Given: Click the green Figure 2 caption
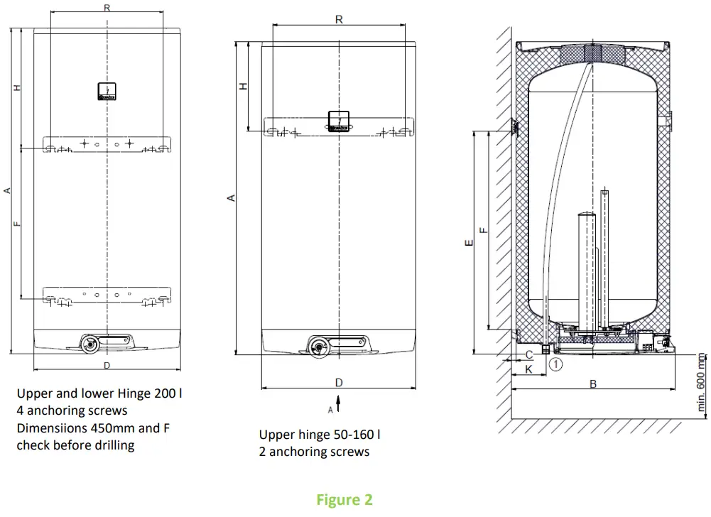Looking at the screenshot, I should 344,500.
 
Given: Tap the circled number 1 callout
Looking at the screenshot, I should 555,364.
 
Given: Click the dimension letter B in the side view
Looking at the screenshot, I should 593,383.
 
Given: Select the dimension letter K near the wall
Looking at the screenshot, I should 528,369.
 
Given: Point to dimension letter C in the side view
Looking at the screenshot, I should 528,354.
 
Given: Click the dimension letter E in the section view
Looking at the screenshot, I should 467,243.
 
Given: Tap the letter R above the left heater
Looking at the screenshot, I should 107,8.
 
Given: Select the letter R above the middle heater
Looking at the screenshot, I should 339,20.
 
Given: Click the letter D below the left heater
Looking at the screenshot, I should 107,366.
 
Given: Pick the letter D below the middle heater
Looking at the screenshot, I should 339,383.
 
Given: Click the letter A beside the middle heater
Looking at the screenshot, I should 231,199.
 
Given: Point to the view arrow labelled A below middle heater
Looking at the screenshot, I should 338,404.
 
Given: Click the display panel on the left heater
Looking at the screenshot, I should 107,90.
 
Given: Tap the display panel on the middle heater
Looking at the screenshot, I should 339,121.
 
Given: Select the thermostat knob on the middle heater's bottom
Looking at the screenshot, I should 318,346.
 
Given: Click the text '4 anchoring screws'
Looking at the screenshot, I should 72,410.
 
